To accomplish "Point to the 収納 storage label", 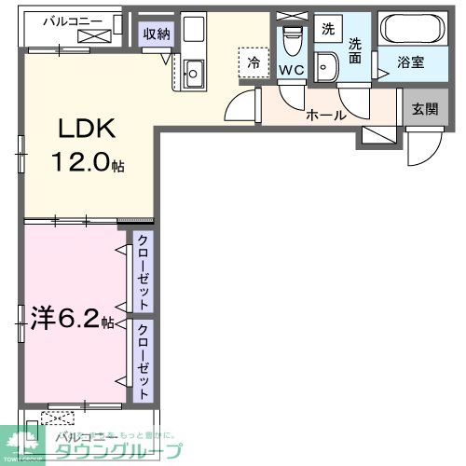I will coord(156,34).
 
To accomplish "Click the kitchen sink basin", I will coord(194,69).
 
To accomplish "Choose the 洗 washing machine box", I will coord(327,29).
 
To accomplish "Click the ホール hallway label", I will coord(326,116).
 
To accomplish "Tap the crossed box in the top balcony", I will coord(95,36).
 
